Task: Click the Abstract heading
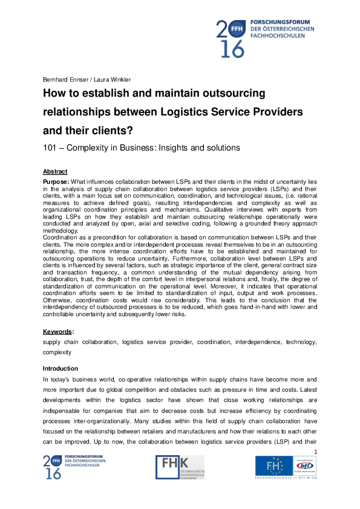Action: pos(55,172)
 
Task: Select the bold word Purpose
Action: pos(56,181)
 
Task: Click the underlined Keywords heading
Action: pos(58,332)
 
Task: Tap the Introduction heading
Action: pos(60,368)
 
